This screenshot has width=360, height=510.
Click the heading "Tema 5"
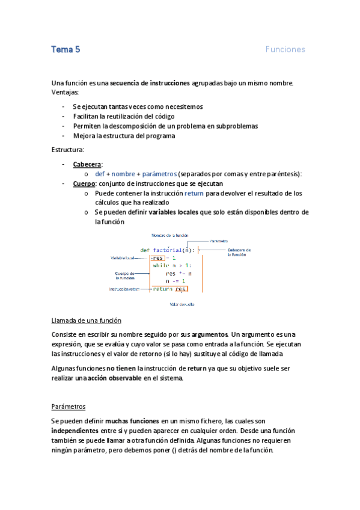[x=66, y=49]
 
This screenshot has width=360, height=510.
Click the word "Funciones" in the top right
[x=285, y=49]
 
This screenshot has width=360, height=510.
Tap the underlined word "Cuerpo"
[x=84, y=183]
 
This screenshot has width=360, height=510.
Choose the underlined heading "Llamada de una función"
[x=87, y=321]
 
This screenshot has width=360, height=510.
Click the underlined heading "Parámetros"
[x=69, y=406]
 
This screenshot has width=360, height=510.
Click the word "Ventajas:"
[x=66, y=92]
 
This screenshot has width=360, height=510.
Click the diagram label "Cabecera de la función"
[x=239, y=252]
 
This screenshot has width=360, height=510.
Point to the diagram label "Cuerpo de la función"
[x=123, y=275]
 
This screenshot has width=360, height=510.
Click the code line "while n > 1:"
[x=172, y=265]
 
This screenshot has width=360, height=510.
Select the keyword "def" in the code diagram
[x=145, y=250]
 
